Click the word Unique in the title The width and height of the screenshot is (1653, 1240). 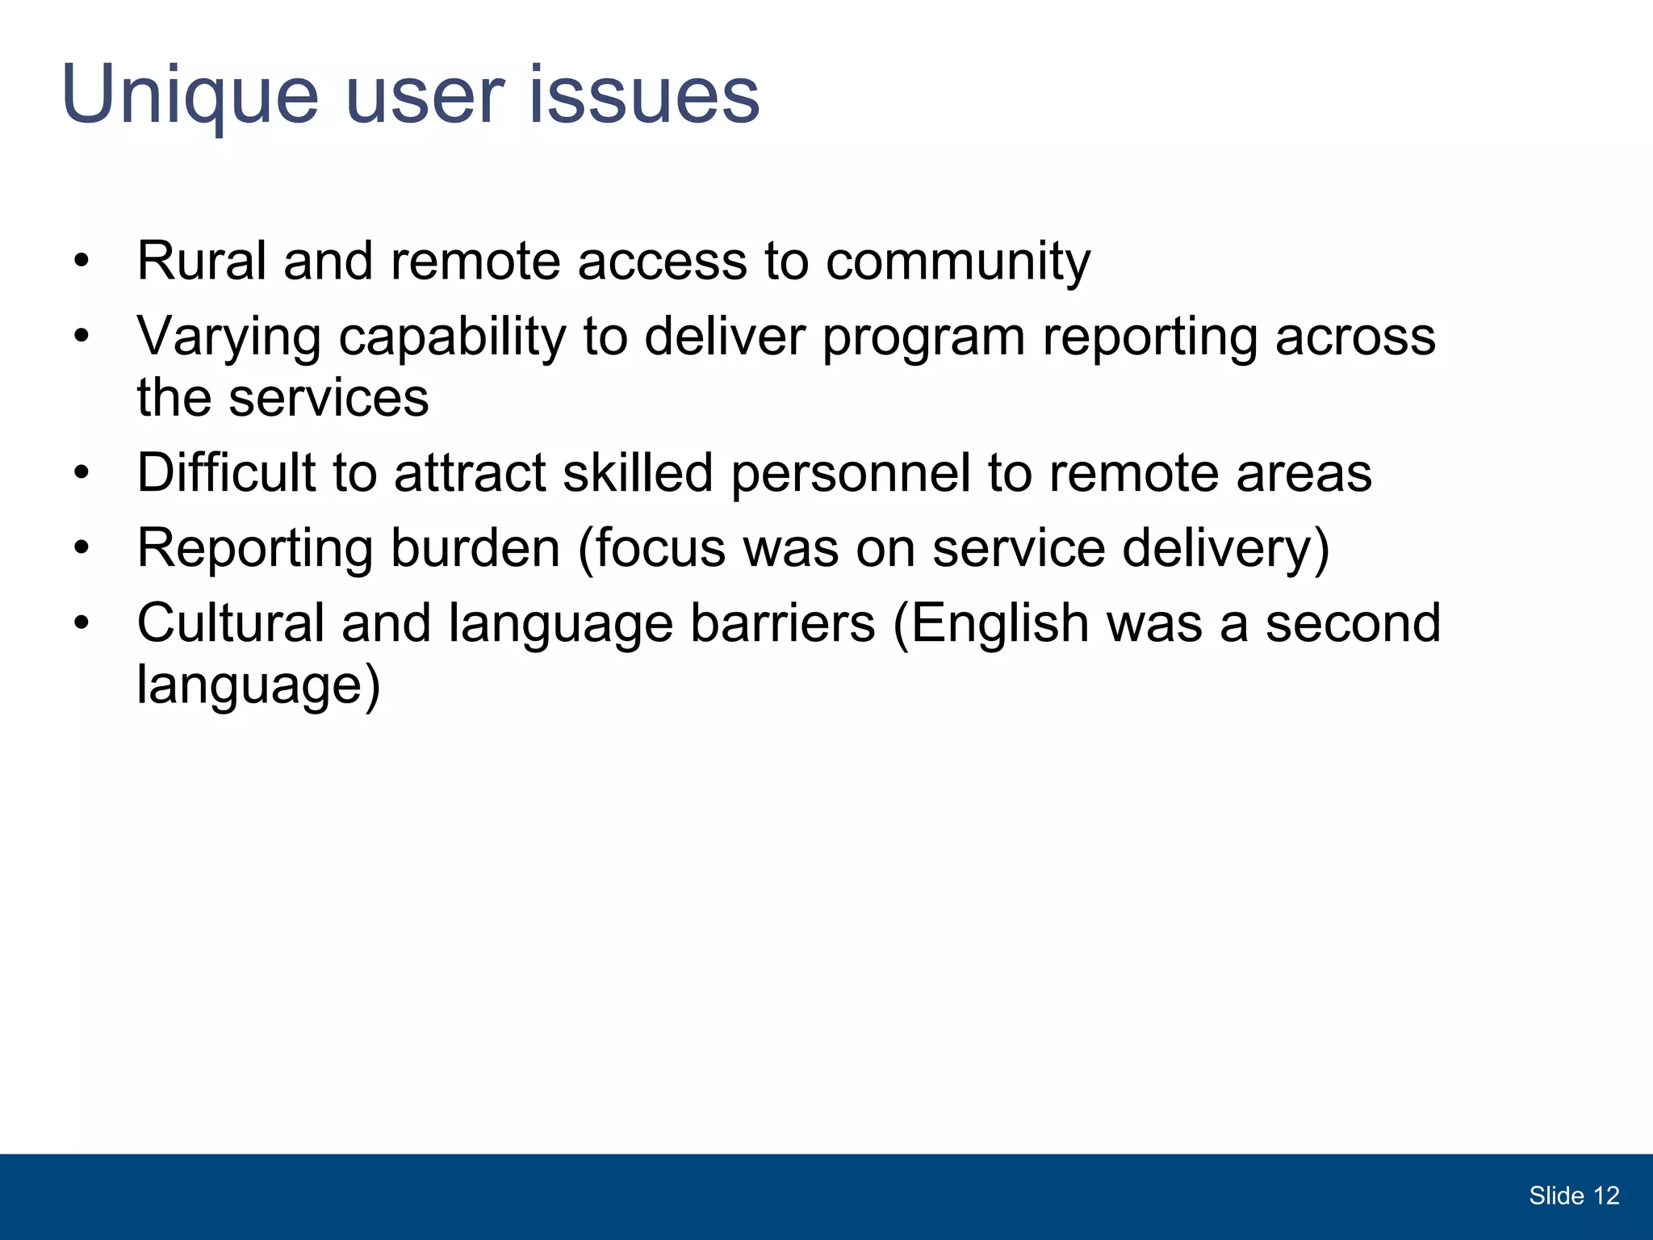click(x=190, y=95)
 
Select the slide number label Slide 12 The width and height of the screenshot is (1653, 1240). click(x=1573, y=1196)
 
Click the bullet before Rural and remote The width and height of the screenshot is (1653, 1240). click(x=81, y=262)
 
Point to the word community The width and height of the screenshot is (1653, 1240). click(x=957, y=262)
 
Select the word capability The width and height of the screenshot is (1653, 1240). click(x=452, y=337)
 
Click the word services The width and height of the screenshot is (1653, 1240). click(x=329, y=398)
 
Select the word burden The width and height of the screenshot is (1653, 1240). click(x=475, y=548)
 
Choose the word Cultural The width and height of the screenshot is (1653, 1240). click(x=230, y=623)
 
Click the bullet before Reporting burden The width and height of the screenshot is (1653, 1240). click(x=81, y=549)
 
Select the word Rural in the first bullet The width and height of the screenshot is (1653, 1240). click(x=201, y=262)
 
